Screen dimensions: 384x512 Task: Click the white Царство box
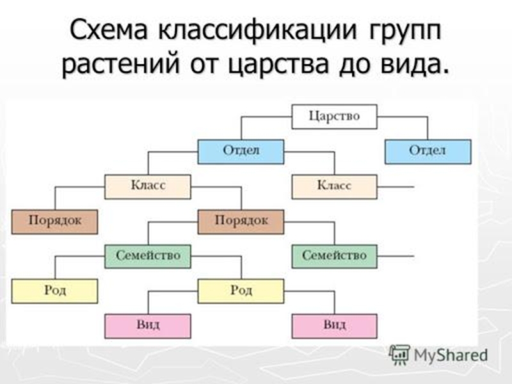pos(334,117)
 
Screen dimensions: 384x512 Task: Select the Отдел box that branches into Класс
pos(241,152)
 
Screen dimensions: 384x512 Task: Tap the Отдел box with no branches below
pos(428,152)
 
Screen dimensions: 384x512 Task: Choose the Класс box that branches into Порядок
pos(148,186)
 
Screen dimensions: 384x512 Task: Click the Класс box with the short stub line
pos(334,186)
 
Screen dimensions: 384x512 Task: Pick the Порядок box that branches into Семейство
pos(241,221)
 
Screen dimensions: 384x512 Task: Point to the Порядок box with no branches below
pos(54,221)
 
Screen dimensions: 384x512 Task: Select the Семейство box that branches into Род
pos(148,256)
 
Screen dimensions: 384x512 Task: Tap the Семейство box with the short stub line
pos(334,256)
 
